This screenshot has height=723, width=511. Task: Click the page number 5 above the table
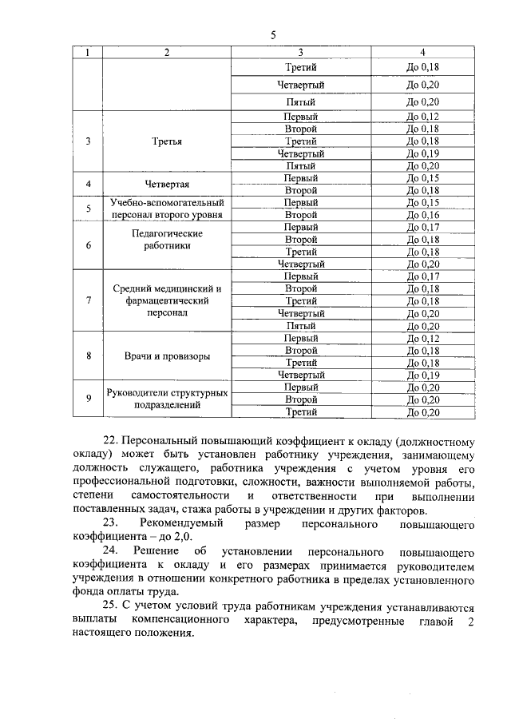[x=273, y=35]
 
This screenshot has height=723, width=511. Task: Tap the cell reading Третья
[x=167, y=141]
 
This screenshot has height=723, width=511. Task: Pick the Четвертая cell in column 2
[x=167, y=185]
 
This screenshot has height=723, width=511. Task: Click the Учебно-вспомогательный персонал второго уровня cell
[x=167, y=209]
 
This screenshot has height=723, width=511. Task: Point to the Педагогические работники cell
[x=167, y=240]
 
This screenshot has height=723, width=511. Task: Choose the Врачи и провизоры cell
[x=167, y=356]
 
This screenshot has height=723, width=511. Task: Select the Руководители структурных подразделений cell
[x=167, y=399]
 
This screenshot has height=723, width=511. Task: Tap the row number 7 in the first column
[x=89, y=301]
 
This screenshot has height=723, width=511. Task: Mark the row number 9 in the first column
[x=89, y=399]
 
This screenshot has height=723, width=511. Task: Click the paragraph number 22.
[x=111, y=442]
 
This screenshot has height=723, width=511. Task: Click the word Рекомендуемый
[x=179, y=525]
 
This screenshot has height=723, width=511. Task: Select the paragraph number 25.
[x=111, y=607]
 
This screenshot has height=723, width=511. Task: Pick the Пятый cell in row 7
[x=301, y=326]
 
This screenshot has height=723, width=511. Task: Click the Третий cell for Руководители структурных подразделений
[x=301, y=412]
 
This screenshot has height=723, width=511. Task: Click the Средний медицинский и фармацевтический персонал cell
[x=167, y=301]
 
